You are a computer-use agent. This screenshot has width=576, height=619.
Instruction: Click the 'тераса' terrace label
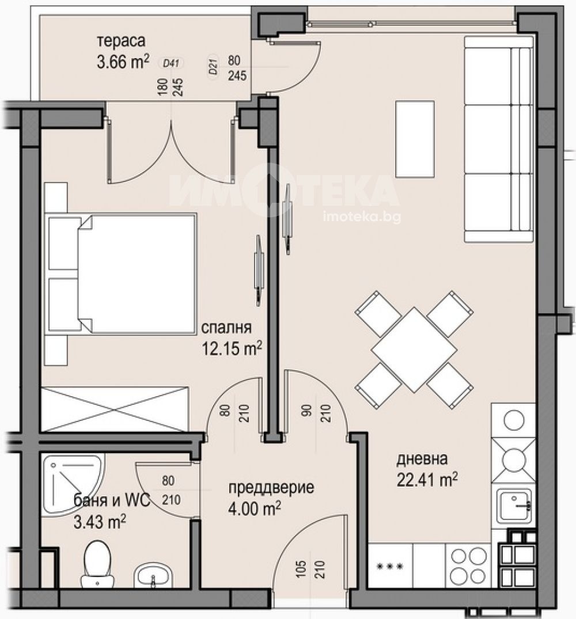click(121, 41)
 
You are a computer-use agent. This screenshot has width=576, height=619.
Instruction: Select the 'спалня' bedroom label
click(226, 328)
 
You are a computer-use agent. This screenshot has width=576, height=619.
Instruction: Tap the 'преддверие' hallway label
click(271, 488)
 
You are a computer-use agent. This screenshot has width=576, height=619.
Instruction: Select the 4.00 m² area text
click(254, 508)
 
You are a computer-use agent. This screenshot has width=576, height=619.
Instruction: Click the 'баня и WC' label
click(112, 501)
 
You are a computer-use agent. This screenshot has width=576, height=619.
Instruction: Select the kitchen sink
click(514, 506)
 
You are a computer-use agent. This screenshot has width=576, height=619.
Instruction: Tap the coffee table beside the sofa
click(415, 138)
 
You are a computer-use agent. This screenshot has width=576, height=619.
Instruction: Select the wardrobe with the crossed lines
click(115, 408)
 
